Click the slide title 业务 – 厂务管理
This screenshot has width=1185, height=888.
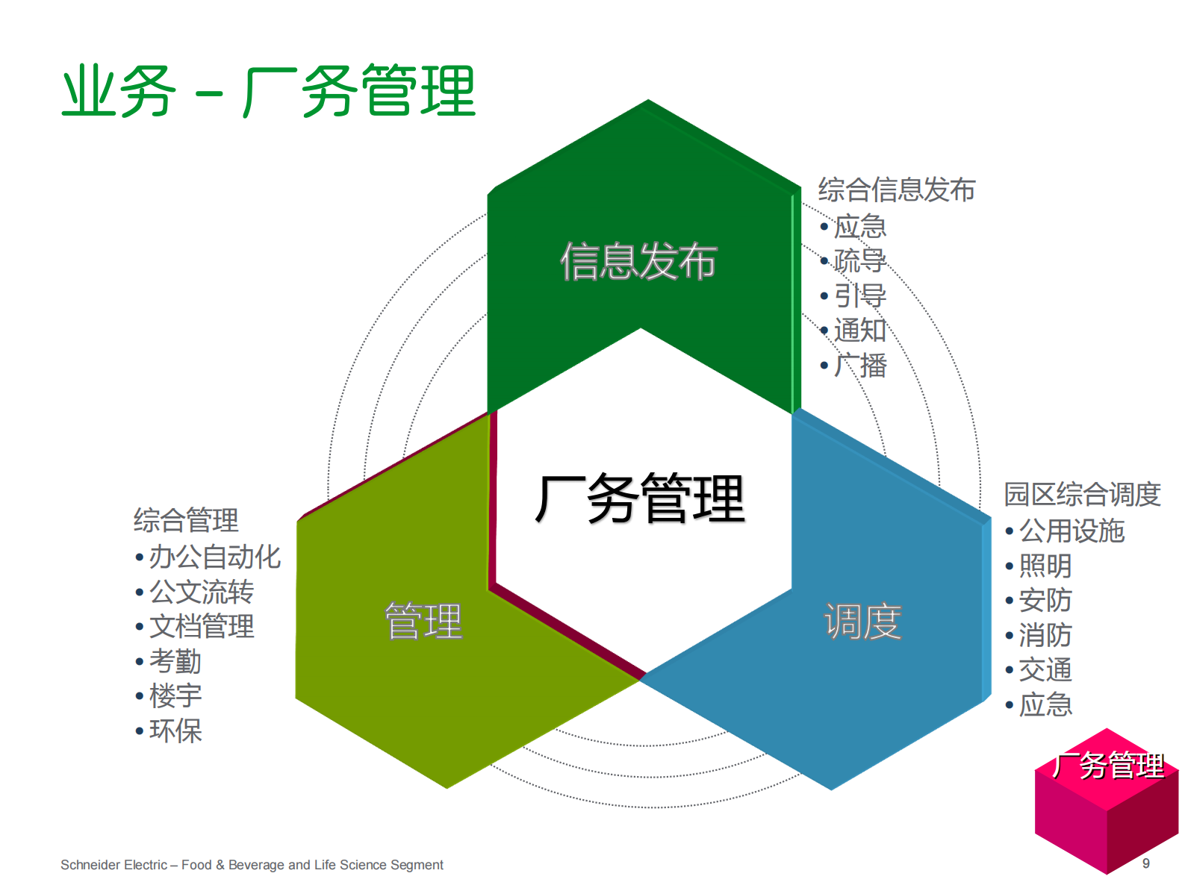(268, 92)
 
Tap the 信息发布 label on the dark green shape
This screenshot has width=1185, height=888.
(638, 261)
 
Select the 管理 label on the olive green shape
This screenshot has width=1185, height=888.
(423, 622)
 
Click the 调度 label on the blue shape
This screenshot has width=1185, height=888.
(862, 622)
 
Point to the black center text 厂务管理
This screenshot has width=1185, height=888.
(640, 498)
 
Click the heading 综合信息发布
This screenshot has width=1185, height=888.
(897, 190)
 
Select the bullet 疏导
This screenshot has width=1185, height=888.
(859, 260)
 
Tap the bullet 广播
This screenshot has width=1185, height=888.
(859, 365)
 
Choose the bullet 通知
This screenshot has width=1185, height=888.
(859, 330)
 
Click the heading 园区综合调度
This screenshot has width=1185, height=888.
(1082, 494)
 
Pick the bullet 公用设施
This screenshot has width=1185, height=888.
(1072, 531)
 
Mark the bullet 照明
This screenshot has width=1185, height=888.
(1045, 566)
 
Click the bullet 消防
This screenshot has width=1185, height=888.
(1045, 635)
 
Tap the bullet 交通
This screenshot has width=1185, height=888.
(1045, 669)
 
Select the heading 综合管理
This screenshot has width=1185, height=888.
(186, 520)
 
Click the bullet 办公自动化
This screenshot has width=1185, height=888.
(214, 557)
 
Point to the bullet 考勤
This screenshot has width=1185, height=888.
(175, 661)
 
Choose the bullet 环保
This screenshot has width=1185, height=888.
(175, 731)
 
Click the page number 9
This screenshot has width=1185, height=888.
(1145, 863)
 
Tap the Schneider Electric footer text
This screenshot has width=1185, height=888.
(252, 865)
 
